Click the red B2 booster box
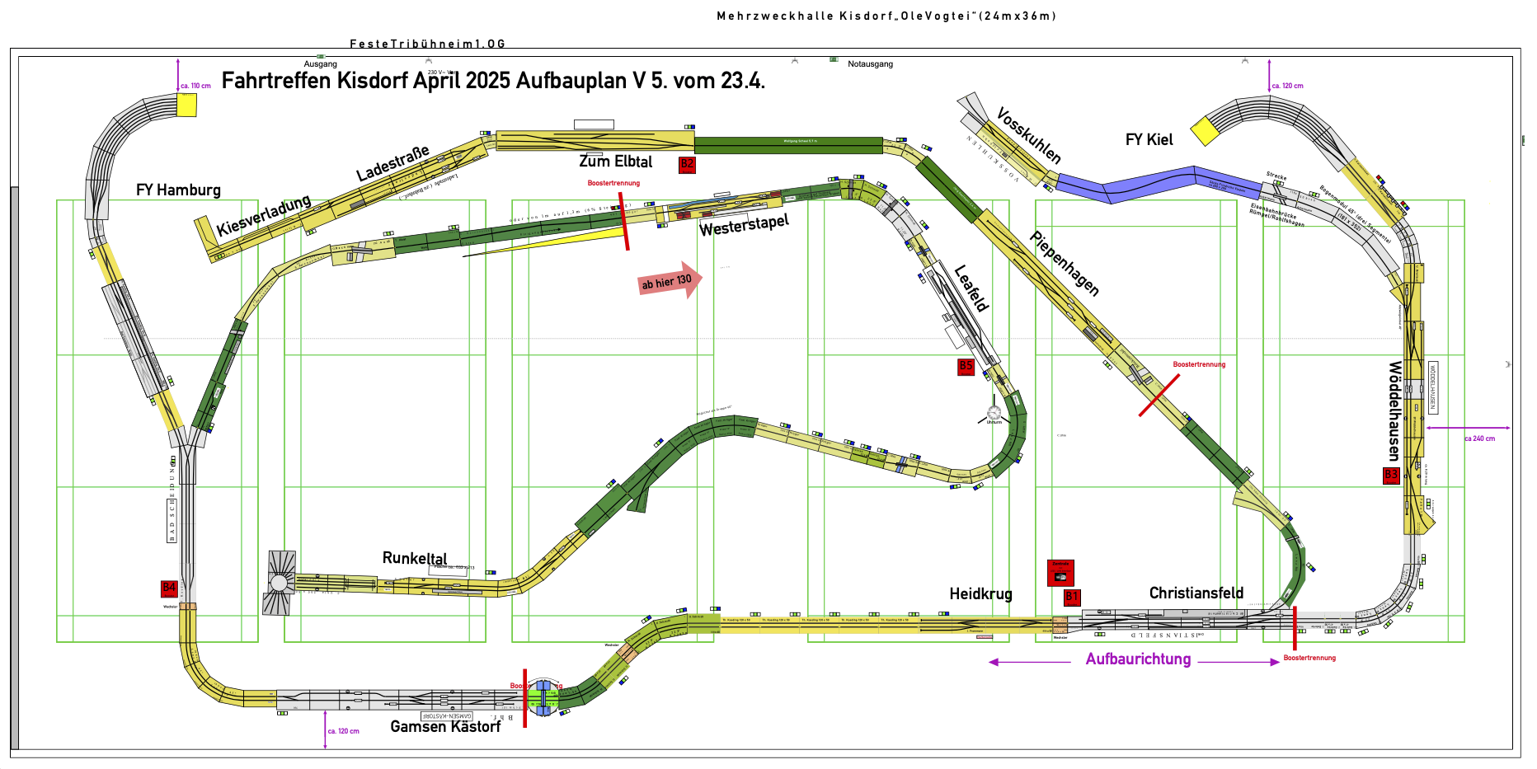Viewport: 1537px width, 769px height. click(x=687, y=165)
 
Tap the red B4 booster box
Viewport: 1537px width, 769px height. click(x=169, y=588)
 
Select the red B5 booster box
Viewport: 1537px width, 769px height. click(x=966, y=367)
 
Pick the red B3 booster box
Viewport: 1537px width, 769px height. click(x=1391, y=476)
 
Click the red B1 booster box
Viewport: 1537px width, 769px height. click(x=1072, y=597)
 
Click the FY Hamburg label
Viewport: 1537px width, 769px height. click(x=178, y=190)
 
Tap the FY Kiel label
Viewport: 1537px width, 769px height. click(x=1149, y=140)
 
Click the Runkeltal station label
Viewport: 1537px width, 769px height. click(x=415, y=558)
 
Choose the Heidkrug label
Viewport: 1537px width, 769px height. click(x=980, y=594)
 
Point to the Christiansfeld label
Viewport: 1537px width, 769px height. click(x=1196, y=593)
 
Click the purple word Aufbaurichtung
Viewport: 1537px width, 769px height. click(x=1138, y=659)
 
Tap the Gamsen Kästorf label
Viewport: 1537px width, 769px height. click(x=445, y=727)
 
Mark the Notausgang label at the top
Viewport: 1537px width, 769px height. click(x=870, y=64)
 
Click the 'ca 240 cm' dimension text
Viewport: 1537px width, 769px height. click(x=1479, y=438)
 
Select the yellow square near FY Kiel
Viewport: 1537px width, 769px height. click(x=1204, y=131)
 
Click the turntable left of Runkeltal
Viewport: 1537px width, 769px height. click(x=280, y=583)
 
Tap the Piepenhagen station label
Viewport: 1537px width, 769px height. click(x=1065, y=263)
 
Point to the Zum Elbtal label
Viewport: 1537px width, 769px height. click(x=615, y=162)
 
